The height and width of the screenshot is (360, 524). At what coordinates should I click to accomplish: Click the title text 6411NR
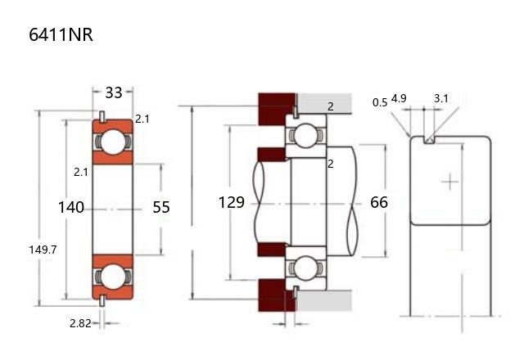(55, 36)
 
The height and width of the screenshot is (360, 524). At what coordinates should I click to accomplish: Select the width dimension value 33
(114, 92)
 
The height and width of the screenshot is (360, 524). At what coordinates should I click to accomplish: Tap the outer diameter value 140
(71, 207)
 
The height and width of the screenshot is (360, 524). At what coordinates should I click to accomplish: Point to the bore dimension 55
(161, 207)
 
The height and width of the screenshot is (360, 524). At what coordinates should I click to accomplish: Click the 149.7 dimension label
(42, 250)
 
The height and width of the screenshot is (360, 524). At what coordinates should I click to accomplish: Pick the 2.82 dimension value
(80, 322)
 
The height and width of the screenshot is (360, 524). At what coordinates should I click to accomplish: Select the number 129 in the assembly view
(232, 201)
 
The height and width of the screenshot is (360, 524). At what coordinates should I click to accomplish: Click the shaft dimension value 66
(379, 201)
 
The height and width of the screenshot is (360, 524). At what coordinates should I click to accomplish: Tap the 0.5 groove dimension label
(380, 102)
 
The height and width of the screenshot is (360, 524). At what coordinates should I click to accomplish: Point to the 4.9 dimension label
(400, 98)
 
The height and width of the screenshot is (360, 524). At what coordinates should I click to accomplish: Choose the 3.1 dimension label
(441, 98)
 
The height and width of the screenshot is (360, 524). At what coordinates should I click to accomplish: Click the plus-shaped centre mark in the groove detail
(449, 181)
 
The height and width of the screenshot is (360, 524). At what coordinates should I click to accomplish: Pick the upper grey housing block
(324, 104)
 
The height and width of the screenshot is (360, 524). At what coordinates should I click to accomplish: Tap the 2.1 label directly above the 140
(80, 172)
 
